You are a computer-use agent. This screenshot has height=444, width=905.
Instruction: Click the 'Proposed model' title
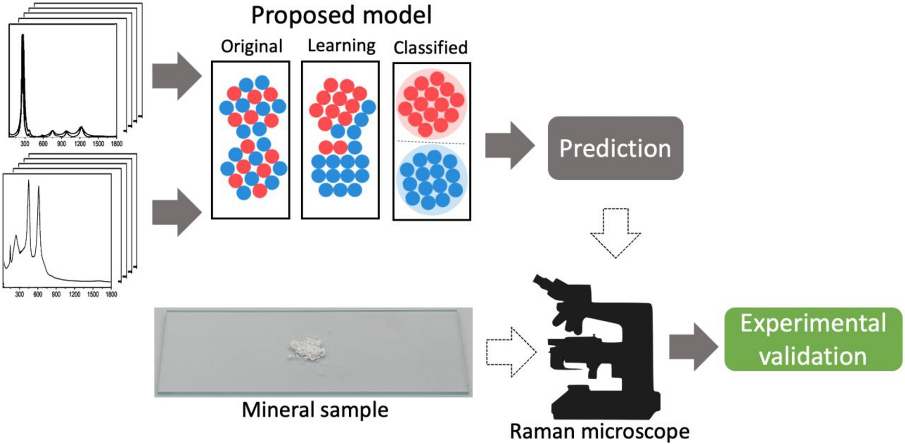coord(341,15)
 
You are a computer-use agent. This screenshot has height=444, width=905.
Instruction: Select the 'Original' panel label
coord(251,46)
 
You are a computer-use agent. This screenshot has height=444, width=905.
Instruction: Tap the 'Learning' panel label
coord(341,45)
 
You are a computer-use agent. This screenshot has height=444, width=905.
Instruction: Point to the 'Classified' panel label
coord(430,48)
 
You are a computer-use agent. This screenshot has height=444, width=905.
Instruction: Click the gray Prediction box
coord(615,148)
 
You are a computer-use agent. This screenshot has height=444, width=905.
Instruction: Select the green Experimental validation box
coord(813,339)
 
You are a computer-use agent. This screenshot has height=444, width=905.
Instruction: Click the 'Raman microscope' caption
coord(599,431)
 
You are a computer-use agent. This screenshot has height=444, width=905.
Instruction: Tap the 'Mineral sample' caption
coord(314,410)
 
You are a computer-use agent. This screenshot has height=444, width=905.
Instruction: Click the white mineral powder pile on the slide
coord(307,350)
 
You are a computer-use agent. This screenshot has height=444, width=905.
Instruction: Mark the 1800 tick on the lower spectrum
coord(111,294)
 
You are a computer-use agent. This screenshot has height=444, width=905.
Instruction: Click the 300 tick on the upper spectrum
coord(25,144)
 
